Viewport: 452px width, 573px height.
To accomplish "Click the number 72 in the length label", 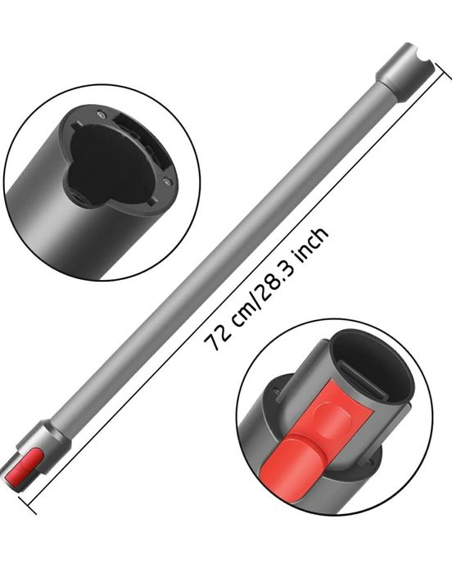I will (x=216, y=340).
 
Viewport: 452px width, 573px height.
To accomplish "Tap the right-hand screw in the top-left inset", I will (x=167, y=182).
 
